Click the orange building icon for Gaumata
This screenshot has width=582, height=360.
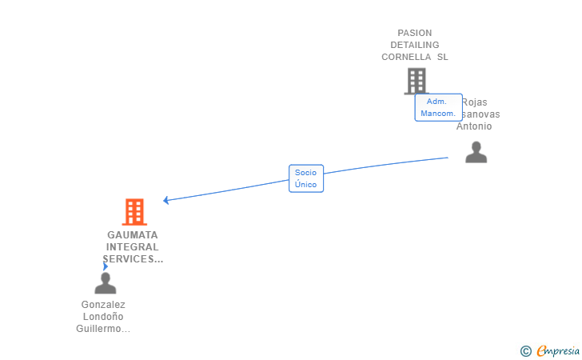[x=134, y=212]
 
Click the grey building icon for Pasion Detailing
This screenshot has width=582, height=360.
[x=416, y=81]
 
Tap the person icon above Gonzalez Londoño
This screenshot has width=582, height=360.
[x=106, y=283]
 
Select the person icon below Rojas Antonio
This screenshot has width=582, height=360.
[x=476, y=152]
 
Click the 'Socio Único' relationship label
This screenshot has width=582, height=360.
[x=305, y=178]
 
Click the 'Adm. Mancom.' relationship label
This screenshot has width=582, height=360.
[x=438, y=107]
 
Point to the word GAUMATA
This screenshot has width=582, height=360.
[x=133, y=235]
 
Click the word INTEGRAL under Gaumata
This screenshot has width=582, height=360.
[x=133, y=247]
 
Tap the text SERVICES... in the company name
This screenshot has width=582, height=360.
[x=133, y=259]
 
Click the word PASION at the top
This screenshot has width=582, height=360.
[x=414, y=34]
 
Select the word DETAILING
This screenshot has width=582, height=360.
[x=414, y=46]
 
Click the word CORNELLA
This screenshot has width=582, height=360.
[x=408, y=58]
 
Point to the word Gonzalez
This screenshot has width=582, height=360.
[x=103, y=305]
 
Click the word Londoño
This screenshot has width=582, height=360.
[x=103, y=317]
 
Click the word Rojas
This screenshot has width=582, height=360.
[x=475, y=102]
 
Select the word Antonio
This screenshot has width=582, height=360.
[x=474, y=126]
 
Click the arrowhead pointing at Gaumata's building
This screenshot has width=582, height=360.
[x=165, y=200]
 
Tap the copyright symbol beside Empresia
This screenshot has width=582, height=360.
[x=525, y=350]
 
